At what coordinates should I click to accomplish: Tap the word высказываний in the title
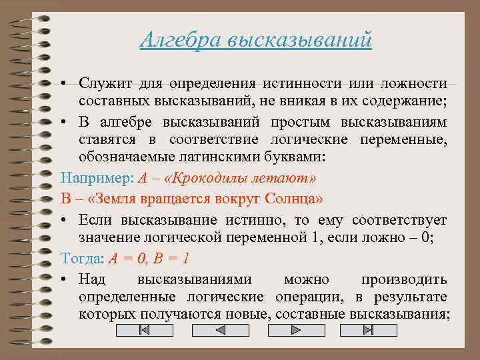click(299, 40)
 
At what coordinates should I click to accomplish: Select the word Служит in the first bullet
click(103, 84)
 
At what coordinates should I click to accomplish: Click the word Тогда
click(80, 258)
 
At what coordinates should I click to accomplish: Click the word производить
click(403, 278)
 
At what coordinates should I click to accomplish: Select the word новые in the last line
click(245, 315)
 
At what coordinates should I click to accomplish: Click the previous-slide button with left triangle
click(219, 331)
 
